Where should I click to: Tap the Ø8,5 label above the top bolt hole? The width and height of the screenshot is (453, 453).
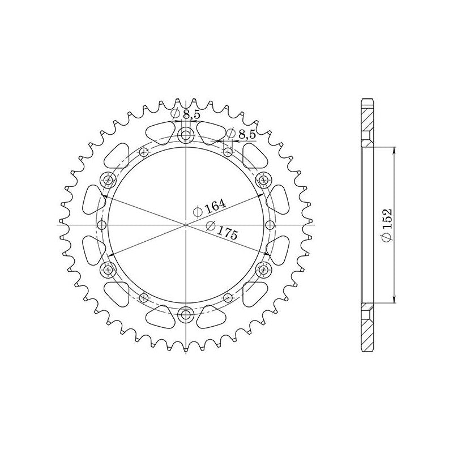coord(185,114)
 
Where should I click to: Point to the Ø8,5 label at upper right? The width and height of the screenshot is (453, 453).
coord(241,134)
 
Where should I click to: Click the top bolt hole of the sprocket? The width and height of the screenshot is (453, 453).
coord(186,135)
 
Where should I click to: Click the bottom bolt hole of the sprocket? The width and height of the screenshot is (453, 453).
coord(186,315)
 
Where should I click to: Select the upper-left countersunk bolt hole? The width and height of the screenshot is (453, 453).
coord(108,180)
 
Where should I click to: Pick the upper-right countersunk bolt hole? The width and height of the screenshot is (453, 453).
coord(263,180)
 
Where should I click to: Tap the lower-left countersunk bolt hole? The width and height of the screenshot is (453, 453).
coord(108,270)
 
